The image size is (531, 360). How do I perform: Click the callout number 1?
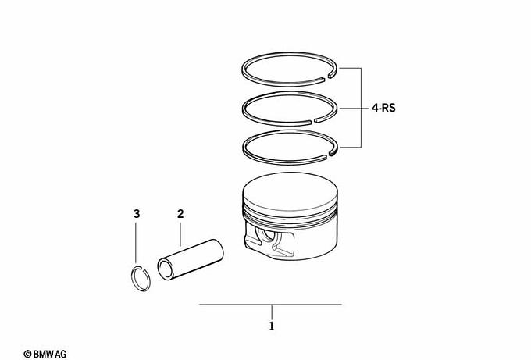[271, 326]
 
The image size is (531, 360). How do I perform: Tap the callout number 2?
[180, 214]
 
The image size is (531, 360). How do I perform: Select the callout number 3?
[137, 214]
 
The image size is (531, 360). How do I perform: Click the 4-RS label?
[383, 108]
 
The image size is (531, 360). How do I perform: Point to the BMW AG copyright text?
[45, 355]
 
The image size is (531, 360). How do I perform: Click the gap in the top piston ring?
[326, 78]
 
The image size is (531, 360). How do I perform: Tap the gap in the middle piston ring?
[312, 121]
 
